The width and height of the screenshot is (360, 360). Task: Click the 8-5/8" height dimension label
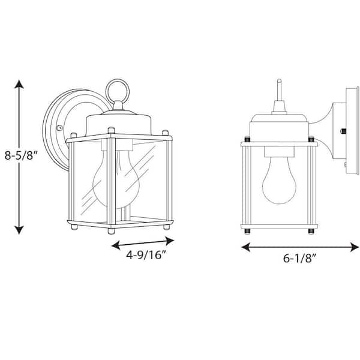(x=22, y=156)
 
